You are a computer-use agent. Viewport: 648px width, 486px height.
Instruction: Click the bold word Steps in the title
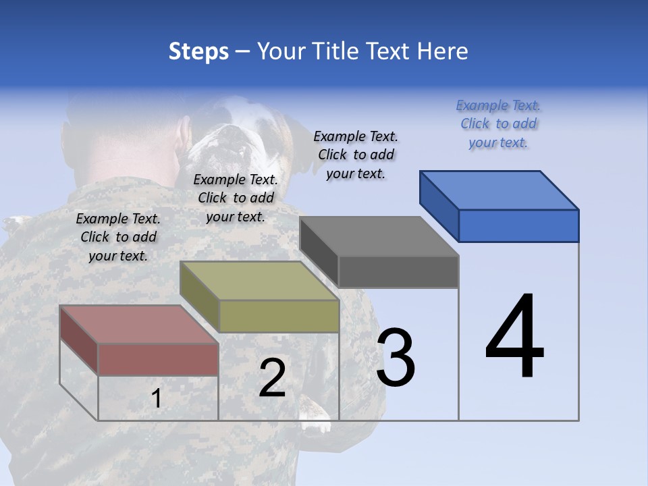(198, 51)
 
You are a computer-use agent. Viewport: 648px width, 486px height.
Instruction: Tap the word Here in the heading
(443, 51)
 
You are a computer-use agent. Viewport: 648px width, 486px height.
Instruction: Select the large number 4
(514, 337)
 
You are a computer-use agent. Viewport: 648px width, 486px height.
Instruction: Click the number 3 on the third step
(396, 358)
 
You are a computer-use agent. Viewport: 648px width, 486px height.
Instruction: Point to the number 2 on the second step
(272, 378)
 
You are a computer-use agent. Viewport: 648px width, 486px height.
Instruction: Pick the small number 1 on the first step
(156, 398)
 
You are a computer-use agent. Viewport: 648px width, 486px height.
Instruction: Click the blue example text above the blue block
(498, 124)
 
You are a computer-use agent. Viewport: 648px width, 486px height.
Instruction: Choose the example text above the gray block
(356, 155)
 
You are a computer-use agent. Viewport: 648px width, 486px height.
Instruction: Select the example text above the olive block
(236, 198)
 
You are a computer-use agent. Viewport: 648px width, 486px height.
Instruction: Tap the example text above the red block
(118, 238)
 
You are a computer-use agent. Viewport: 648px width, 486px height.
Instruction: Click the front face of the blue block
(518, 225)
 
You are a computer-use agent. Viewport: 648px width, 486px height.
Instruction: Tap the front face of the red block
(158, 359)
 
